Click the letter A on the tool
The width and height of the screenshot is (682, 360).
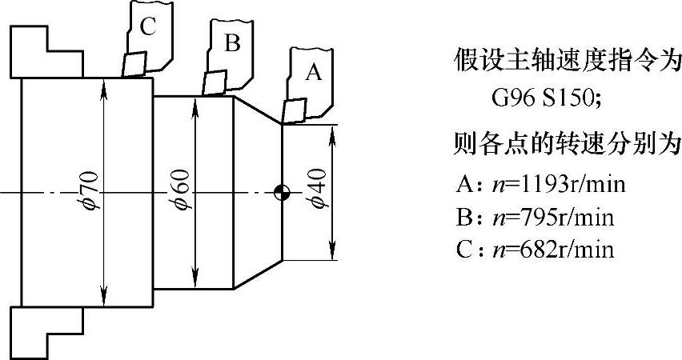[314, 74]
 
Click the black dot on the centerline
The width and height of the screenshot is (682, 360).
[281, 192]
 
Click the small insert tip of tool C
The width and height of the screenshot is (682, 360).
[133, 64]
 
